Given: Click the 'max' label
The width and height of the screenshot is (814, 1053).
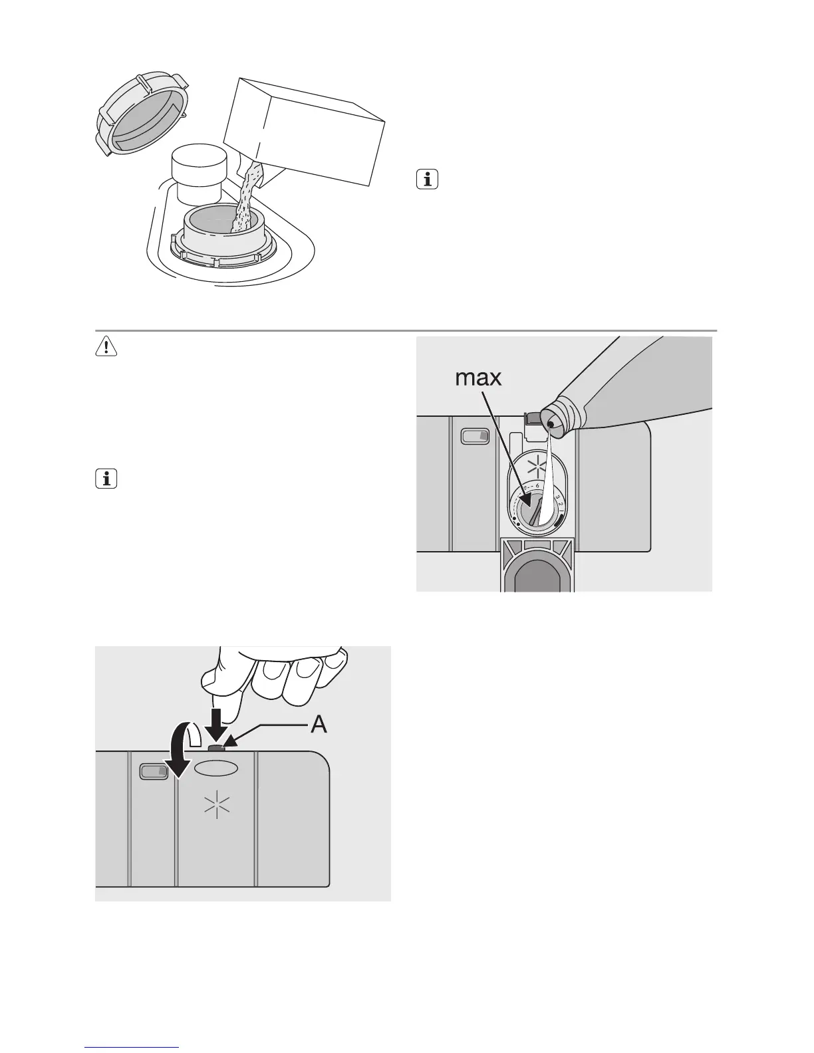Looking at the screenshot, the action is pyautogui.click(x=477, y=378).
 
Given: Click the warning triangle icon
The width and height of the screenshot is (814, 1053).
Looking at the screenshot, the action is pyautogui.click(x=106, y=347).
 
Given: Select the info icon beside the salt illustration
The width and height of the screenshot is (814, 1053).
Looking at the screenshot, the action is pyautogui.click(x=428, y=179).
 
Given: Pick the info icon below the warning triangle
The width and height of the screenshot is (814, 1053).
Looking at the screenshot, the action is pyautogui.click(x=106, y=479).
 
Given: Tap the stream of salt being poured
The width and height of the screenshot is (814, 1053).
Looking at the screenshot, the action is pyautogui.click(x=245, y=199).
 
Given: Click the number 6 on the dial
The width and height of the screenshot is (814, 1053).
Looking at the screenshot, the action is pyautogui.click(x=537, y=487).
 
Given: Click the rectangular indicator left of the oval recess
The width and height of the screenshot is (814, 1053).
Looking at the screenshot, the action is pyautogui.click(x=154, y=771).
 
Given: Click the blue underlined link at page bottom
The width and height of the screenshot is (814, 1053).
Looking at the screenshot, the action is pyautogui.click(x=132, y=1047).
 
